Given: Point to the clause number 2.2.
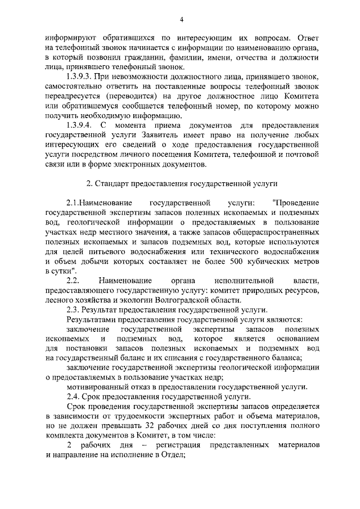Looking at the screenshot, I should (x=73, y=280).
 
